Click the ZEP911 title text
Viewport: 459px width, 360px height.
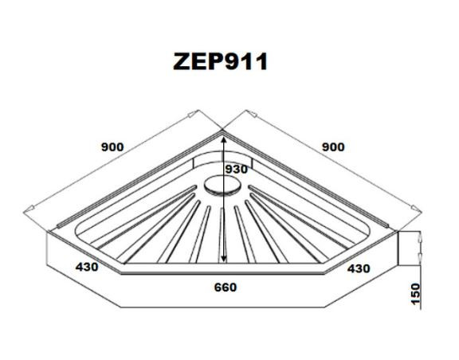tap(220, 61)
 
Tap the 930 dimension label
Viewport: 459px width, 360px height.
tap(237, 169)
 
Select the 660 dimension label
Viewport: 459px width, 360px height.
tap(225, 288)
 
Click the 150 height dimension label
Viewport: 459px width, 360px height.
tap(415, 294)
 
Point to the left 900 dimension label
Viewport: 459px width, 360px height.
tap(112, 147)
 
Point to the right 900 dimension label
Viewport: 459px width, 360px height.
tap(333, 147)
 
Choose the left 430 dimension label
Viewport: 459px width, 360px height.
tap(87, 267)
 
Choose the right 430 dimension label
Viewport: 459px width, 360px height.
tap(359, 268)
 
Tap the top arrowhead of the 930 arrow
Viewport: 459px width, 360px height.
tap(224, 140)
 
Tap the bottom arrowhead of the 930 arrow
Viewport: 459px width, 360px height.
tap(224, 259)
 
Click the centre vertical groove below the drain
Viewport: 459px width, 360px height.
tap(222, 235)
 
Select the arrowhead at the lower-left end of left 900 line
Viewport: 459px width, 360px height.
tap(30, 209)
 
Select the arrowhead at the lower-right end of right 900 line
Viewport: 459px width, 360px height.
tap(416, 208)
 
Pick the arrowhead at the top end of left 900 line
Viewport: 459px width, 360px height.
tap(193, 114)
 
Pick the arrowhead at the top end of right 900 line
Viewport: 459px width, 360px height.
tap(253, 114)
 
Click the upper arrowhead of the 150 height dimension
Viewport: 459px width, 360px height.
tap(421, 237)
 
